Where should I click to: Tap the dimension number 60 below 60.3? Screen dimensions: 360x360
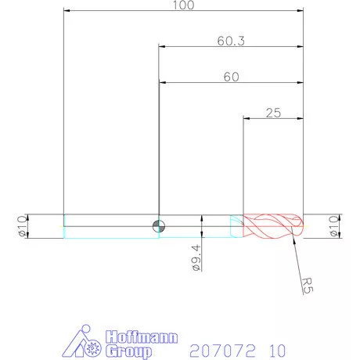click(x=231, y=77)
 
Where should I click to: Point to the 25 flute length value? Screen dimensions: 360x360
click(x=273, y=113)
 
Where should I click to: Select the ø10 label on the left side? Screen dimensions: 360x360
click(x=21, y=226)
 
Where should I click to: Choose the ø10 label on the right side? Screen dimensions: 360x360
click(x=334, y=226)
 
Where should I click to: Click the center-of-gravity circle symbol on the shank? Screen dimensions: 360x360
click(x=159, y=227)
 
